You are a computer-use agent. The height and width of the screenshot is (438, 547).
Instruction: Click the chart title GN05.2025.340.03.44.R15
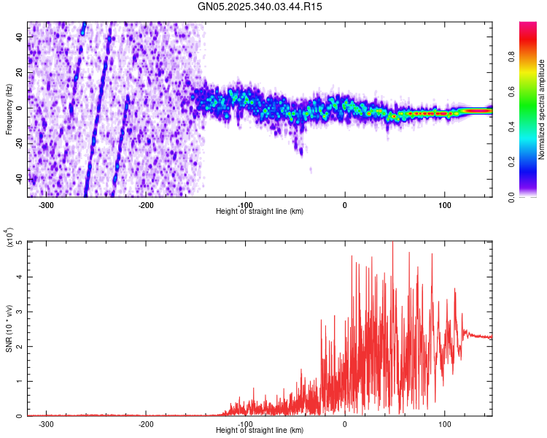coord(260,7)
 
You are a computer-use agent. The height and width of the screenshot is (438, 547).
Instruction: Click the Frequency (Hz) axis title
coord(9,109)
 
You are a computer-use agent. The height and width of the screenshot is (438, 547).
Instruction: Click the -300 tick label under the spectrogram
coord(47,204)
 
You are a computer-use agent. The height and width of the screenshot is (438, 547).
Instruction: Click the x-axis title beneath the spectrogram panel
coord(260,212)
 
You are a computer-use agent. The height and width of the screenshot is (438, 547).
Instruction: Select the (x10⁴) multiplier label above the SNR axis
coord(9,238)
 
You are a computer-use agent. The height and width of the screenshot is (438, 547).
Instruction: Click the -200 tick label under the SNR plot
coord(146,423)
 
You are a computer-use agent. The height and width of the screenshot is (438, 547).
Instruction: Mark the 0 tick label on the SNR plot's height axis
coord(345,423)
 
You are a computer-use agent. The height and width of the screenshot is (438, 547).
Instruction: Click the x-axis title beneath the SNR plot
coord(260,431)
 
